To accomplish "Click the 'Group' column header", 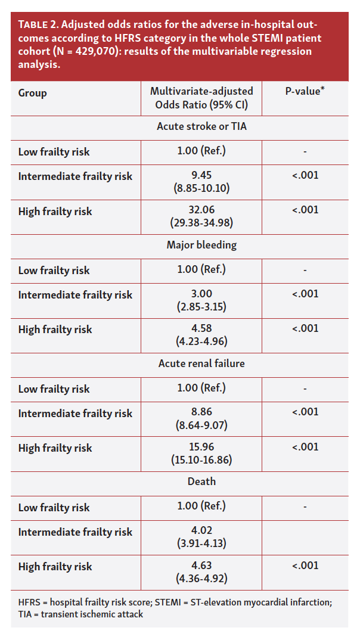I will pyautogui.click(x=32, y=93).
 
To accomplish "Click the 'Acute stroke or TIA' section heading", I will pyautogui.click(x=201, y=126).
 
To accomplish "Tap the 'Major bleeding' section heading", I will pyautogui.click(x=201, y=245).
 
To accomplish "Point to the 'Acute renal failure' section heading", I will pyautogui.click(x=201, y=364).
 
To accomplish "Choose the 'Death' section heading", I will pyautogui.click(x=201, y=481).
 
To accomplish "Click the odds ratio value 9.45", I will pyautogui.click(x=201, y=175).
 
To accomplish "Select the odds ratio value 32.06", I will pyautogui.click(x=201, y=210).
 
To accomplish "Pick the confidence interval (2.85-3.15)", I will pyautogui.click(x=201, y=306).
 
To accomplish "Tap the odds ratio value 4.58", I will pyautogui.click(x=201, y=328).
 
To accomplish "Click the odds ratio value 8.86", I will pyautogui.click(x=201, y=412).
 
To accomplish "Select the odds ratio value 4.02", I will pyautogui.click(x=201, y=530).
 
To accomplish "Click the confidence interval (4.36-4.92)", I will pyautogui.click(x=201, y=577).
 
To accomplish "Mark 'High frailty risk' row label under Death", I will pyautogui.click(x=55, y=566).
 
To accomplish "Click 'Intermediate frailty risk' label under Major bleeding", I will pyautogui.click(x=75, y=295).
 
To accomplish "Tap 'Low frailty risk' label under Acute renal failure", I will pyautogui.click(x=54, y=389).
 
